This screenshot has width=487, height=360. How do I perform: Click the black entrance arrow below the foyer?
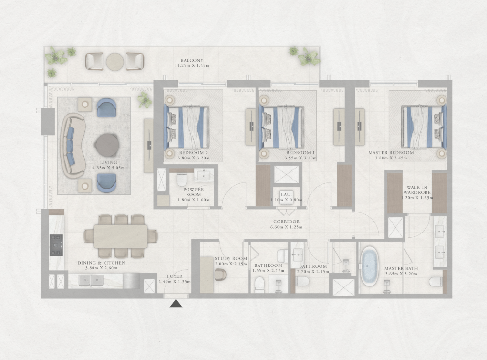pos(176,304)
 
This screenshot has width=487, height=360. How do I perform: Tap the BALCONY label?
pos(192,60)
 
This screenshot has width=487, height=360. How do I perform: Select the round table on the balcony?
pos(115,62)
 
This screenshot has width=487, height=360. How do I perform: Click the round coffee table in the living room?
pos(107,145)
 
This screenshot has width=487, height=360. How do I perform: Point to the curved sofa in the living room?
pos(73,146)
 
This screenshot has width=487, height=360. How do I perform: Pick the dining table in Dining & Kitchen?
pos(121,236)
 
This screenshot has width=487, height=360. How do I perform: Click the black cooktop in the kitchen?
pos(56,245)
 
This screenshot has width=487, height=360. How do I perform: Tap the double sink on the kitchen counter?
pos(91,280)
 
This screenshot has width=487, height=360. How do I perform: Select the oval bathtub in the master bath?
pos(369,266)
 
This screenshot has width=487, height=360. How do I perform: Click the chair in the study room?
pos(220,275)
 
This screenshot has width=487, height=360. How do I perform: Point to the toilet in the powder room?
pos(181,180)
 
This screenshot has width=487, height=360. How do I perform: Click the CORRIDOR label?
pos(286,222)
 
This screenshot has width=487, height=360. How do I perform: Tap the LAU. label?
pos(286,195)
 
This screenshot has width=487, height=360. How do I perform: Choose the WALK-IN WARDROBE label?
pos(417,190)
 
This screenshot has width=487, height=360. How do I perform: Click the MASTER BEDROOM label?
pos(391,153)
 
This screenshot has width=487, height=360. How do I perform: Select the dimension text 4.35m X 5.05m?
pos(108,168)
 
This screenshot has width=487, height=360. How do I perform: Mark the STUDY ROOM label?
pos(231,258)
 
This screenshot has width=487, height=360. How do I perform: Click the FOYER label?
pos(175,276)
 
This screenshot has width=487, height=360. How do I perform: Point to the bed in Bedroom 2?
pos(187,127)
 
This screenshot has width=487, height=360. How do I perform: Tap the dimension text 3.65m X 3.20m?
pos(401,274)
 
